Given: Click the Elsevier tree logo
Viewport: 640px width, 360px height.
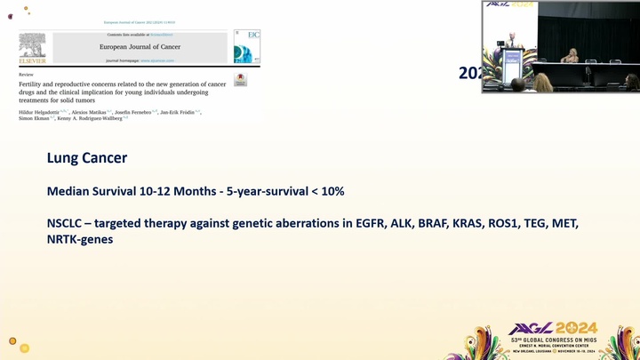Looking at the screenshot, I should point(33,47).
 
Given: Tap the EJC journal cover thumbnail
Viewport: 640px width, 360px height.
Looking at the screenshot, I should point(246,46).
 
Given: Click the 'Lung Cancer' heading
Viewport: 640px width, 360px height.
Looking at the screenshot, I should point(87,158).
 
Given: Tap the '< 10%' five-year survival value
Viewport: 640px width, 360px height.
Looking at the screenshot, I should point(326,191).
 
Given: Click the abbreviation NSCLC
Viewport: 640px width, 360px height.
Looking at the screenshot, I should point(68,222).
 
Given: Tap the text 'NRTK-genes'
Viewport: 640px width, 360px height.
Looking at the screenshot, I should point(80,240).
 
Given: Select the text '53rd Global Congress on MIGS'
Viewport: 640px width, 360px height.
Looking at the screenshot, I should point(553,340).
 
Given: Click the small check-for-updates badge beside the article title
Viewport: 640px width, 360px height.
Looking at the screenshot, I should point(240,80).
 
